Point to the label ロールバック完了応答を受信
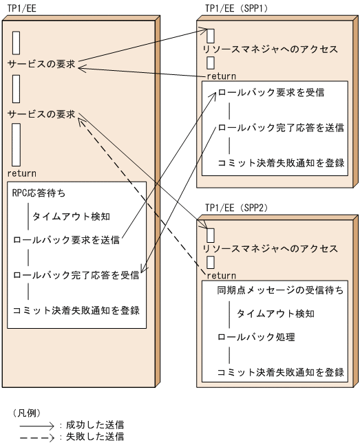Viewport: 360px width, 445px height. pyautogui.click(x=76, y=275)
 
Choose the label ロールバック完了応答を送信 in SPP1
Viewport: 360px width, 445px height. pyautogui.click(x=281, y=127)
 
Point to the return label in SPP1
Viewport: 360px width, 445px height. pyautogui.click(x=221, y=76)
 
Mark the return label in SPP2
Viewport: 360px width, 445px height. pyautogui.click(x=221, y=275)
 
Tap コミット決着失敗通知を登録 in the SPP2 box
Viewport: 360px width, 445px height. pyautogui.click(x=281, y=372)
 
